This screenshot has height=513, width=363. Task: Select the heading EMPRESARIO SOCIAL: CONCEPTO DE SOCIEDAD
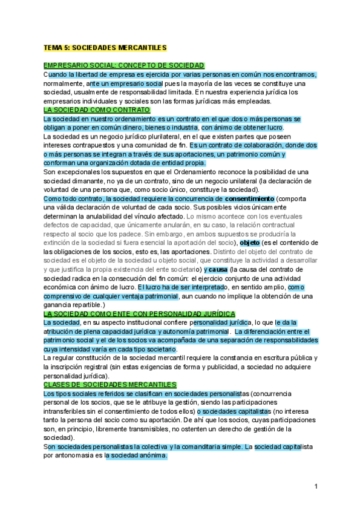pyautogui.click(x=123, y=65)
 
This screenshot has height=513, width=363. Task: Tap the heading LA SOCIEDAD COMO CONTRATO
pyautogui.click(x=96, y=111)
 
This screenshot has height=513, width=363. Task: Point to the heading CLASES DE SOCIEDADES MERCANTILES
pyautogui.click(x=110, y=384)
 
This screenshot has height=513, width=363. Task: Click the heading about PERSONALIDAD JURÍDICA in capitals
pyautogui.click(x=139, y=315)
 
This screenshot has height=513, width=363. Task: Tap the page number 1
pyautogui.click(x=316, y=486)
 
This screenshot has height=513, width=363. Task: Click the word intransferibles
pyautogui.click(x=67, y=411)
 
